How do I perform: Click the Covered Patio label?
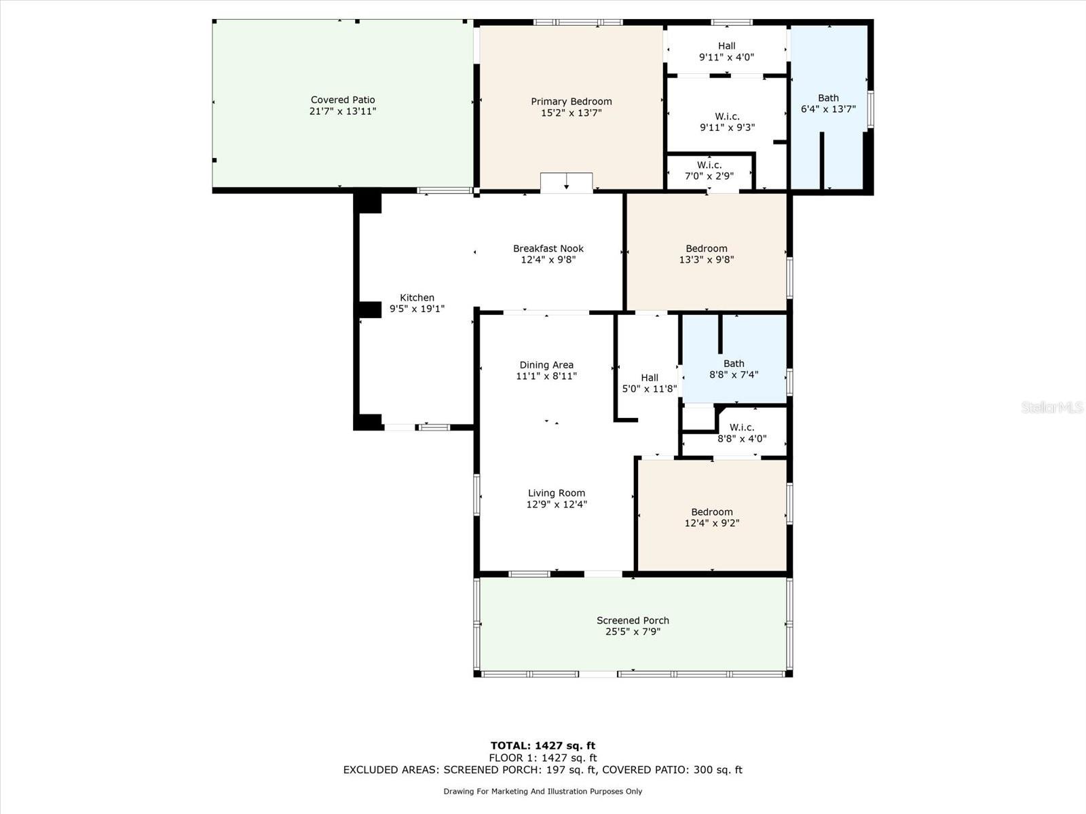pyautogui.click(x=342, y=100)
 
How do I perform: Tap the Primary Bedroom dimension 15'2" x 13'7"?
pyautogui.click(x=572, y=113)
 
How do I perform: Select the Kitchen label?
pyautogui.click(x=417, y=298)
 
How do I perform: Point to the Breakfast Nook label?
pyautogui.click(x=548, y=248)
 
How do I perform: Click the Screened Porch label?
pyautogui.click(x=633, y=620)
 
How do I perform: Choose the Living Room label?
pyautogui.click(x=557, y=492)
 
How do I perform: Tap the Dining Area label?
pyautogui.click(x=546, y=365)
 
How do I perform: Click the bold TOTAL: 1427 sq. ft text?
pyautogui.click(x=543, y=745)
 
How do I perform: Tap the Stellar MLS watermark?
pyautogui.click(x=1052, y=407)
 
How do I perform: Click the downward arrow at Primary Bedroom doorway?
pyautogui.click(x=567, y=183)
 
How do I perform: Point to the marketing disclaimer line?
pyautogui.click(x=543, y=791)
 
